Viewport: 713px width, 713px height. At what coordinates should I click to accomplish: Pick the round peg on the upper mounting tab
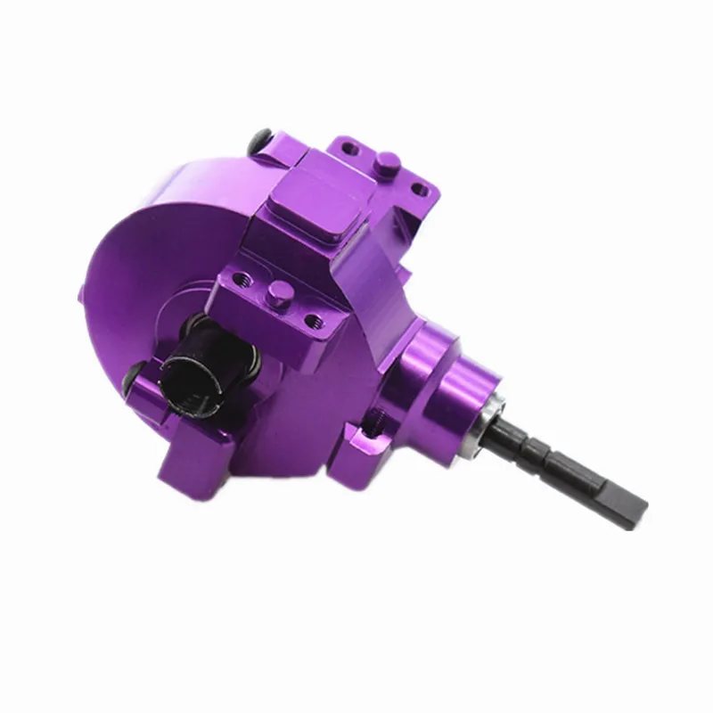tap(385, 160)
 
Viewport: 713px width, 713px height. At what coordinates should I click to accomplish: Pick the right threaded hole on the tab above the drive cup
tap(311, 318)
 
